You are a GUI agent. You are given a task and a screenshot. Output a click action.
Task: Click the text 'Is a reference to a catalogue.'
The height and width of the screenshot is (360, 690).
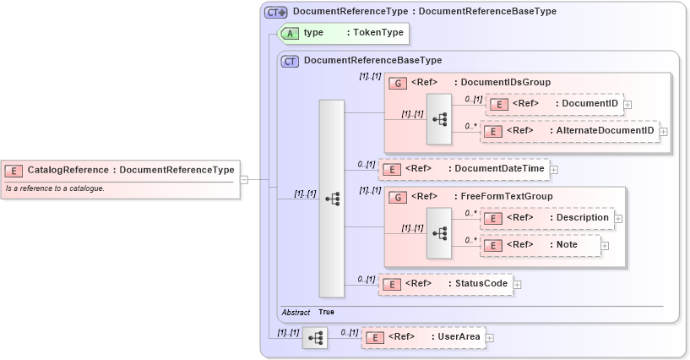pos(55,188)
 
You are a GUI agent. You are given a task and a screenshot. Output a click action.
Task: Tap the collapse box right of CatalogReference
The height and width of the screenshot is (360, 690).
pos(243,179)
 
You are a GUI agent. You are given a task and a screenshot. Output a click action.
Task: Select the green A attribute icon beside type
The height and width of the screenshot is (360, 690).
pos(290,33)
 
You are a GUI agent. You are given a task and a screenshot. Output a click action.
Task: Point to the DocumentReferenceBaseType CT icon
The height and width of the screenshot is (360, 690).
pos(290,61)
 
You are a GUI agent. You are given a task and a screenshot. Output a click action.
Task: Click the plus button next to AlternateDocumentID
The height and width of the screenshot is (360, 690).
pos(663,131)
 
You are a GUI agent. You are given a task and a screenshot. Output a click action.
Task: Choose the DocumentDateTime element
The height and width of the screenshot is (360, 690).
pos(464,169)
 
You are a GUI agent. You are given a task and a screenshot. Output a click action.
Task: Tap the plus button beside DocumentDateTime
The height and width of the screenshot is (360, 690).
pos(553,169)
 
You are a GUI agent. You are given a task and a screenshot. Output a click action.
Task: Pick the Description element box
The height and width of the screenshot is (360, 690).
pos(548,218)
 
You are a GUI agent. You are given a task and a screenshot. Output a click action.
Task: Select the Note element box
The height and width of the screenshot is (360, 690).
pos(541,245)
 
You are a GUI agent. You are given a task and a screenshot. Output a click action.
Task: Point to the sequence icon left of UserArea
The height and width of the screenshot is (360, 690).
pos(315,337)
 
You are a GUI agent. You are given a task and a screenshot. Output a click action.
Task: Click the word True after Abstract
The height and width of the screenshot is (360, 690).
pos(326,313)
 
